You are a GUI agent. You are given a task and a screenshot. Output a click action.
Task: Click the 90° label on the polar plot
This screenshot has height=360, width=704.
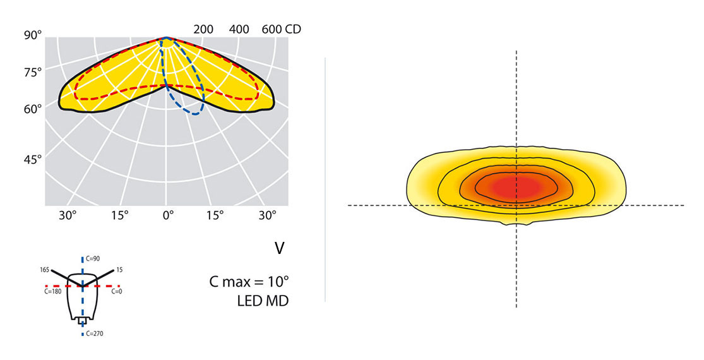coord(33,36)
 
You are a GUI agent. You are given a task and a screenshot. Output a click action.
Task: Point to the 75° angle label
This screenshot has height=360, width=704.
coord(33,73)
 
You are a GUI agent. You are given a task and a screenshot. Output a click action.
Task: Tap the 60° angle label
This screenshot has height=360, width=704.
coord(33,109)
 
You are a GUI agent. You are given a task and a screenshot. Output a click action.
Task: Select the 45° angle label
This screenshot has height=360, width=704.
coord(33,160)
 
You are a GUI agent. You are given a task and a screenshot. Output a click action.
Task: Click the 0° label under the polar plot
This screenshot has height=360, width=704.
coord(167,215)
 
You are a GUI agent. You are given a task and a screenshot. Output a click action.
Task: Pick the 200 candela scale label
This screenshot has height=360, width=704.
coord(203,30)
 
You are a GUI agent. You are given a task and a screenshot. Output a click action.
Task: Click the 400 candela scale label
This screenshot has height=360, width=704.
coord(239,30)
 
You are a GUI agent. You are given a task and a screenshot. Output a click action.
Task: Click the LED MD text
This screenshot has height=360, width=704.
coord(259,301)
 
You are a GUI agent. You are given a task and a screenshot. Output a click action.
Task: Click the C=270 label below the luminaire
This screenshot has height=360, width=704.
coord(94,333)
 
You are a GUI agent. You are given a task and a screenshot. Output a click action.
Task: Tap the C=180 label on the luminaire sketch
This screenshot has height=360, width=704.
coord(53,292)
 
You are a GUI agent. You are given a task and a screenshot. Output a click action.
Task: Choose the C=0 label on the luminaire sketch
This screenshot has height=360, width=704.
coord(116,292)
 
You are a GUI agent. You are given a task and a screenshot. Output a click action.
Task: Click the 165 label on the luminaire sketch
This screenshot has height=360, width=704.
coord(45,270)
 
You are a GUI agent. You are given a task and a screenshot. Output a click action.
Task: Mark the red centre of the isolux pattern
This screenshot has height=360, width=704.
coord(516,187)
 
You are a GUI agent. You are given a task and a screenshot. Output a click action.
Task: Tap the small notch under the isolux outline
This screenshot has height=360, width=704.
coord(516,223)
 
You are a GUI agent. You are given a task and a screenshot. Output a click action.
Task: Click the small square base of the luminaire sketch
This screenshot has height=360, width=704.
coord(82,321)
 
